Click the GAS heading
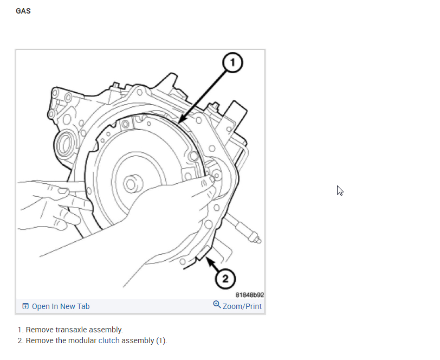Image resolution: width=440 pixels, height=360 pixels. point(23,11)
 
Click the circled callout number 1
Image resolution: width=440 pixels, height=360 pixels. point(233,63)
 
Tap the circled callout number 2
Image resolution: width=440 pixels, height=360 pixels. point(225,279)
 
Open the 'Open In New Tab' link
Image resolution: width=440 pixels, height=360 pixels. point(61,306)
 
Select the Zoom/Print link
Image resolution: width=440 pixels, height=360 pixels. point(242,306)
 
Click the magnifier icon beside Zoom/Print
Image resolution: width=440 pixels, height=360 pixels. point(217,305)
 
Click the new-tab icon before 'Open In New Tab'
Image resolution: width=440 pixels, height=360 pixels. point(25,306)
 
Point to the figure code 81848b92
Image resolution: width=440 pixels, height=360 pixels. point(249,295)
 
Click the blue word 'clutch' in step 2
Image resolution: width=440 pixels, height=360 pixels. point(108,340)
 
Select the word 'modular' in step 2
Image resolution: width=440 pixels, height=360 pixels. point(83,340)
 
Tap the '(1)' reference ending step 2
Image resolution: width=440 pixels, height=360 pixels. point(161,340)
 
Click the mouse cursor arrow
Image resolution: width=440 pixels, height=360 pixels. point(340,190)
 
